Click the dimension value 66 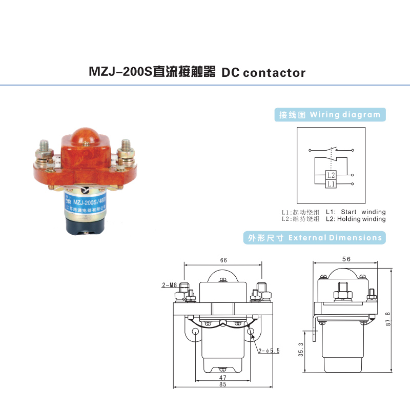pos(223,260)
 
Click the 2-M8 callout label pos(169,285)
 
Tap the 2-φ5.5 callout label pos(269,351)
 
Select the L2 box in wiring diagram pos(331,175)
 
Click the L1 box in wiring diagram pos(331,183)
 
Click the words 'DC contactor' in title pos(263,72)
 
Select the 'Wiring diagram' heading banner pos(330,115)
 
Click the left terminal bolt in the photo pos(43,148)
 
